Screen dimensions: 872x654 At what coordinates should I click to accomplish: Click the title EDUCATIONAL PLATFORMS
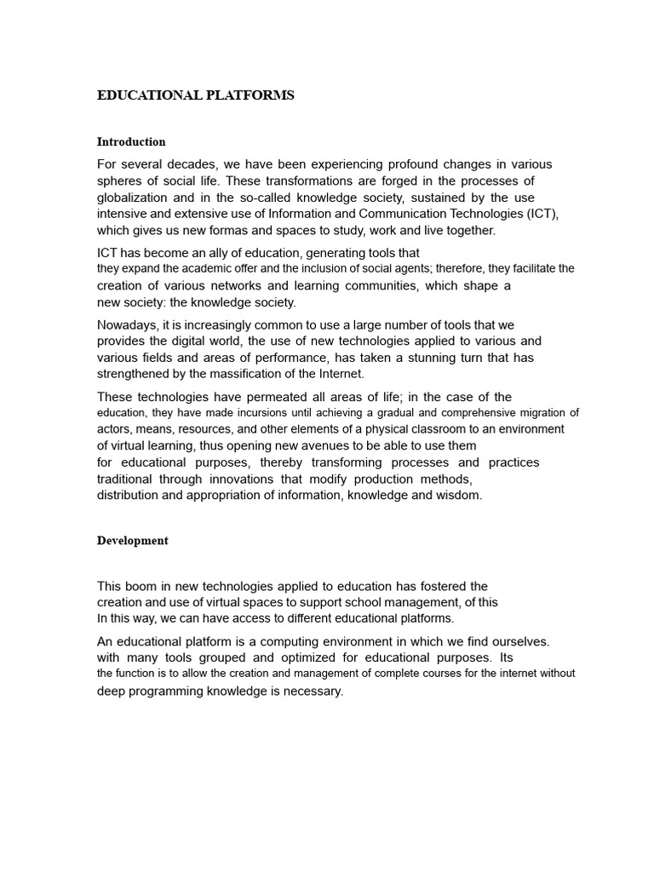tap(196, 95)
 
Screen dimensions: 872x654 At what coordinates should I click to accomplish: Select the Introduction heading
tap(131, 141)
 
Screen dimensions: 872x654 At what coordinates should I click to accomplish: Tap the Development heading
tap(133, 541)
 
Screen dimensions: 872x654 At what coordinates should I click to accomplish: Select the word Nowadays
tap(129, 324)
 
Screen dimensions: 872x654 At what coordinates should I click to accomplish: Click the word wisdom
tap(458, 495)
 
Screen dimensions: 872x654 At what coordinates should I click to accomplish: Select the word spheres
tap(119, 181)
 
